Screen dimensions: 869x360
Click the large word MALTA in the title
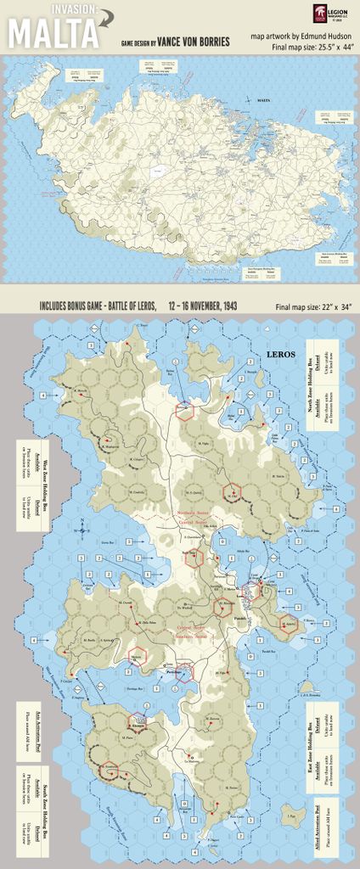click(x=53, y=35)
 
